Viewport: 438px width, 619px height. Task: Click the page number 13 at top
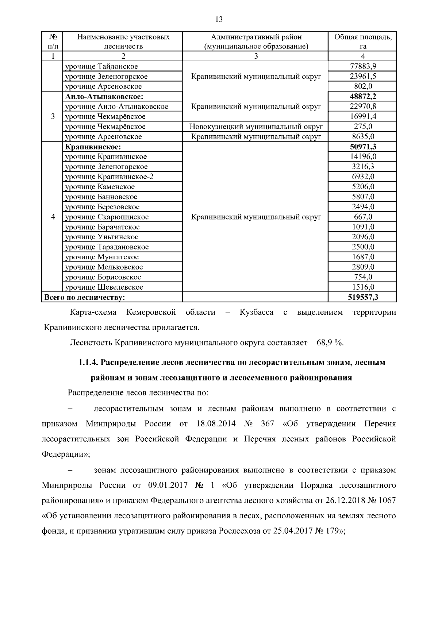[x=219, y=19]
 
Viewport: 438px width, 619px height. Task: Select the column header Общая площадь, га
[x=363, y=41]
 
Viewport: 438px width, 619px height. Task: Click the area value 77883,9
[x=363, y=66]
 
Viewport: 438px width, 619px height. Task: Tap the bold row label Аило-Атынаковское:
[x=104, y=97]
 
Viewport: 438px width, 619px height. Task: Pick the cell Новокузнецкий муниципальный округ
[x=256, y=127]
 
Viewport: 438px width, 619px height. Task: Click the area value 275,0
[x=363, y=127]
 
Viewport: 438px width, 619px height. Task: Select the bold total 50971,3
[x=363, y=147]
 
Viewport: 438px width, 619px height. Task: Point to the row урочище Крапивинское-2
[x=109, y=177]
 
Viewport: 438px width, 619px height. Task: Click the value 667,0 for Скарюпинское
[x=363, y=217]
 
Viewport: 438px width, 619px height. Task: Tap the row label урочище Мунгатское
[x=102, y=257]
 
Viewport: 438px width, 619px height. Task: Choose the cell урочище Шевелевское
[x=104, y=287]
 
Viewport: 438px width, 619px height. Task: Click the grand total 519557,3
[x=363, y=297]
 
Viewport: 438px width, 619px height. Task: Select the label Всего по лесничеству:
[x=84, y=297]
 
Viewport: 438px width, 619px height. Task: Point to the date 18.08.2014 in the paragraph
[x=216, y=424]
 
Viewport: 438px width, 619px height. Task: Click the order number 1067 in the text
[x=387, y=500]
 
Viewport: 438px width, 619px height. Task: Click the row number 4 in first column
[x=53, y=217]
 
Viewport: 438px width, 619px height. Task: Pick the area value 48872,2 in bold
[x=363, y=97]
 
